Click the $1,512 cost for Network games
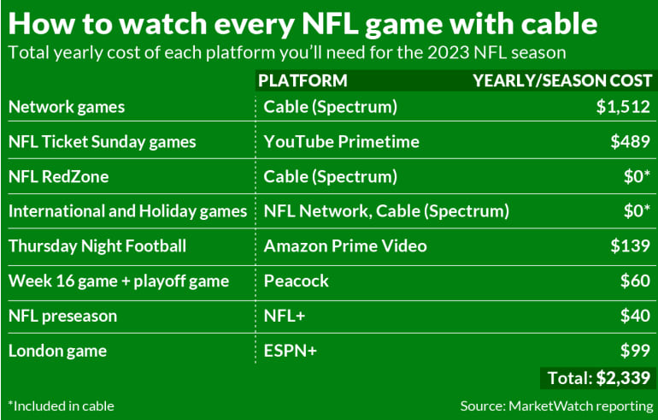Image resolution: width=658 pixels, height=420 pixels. (x=623, y=107)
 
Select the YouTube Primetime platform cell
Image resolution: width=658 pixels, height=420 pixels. (x=331, y=142)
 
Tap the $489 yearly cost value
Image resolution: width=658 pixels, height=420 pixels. (x=631, y=142)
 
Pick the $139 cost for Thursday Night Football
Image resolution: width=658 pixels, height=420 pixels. (x=631, y=246)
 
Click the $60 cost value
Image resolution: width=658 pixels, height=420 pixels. (x=635, y=281)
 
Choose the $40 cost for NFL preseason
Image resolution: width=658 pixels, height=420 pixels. (x=635, y=316)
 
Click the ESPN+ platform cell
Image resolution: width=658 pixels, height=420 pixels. (x=290, y=351)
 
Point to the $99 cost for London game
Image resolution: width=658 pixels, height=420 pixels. (x=635, y=351)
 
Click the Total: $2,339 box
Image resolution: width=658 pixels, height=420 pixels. (x=597, y=377)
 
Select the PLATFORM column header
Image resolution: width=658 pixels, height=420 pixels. (x=303, y=80)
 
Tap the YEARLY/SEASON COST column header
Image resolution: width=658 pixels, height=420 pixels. (x=562, y=80)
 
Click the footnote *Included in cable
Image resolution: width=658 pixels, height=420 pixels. (x=61, y=405)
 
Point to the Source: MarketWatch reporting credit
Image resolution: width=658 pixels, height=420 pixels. (x=555, y=405)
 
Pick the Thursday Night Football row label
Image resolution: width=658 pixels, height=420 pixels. (x=97, y=246)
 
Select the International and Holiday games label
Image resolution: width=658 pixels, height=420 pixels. (x=127, y=211)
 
